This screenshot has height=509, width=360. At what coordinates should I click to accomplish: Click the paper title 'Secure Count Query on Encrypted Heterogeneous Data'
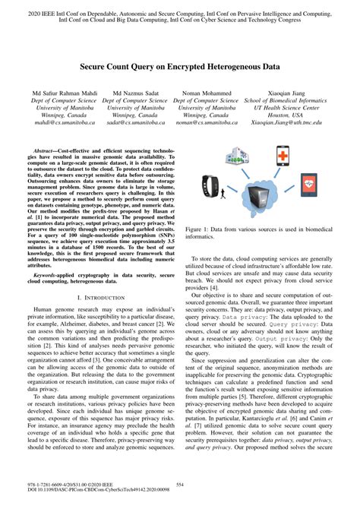179,67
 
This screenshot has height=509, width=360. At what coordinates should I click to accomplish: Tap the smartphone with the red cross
283,155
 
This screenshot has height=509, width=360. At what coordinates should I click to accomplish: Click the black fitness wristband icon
213,185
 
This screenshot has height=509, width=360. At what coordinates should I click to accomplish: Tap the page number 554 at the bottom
180,483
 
